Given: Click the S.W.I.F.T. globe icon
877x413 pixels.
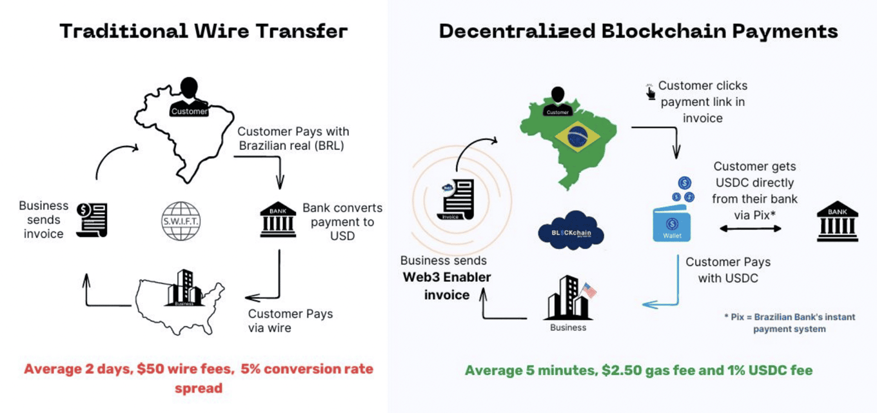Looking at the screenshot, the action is click(x=181, y=221).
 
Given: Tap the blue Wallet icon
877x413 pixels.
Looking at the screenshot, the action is click(x=672, y=224).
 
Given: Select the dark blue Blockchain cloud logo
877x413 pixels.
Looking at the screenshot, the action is click(x=571, y=231).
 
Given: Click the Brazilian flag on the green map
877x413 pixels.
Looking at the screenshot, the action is click(x=578, y=137).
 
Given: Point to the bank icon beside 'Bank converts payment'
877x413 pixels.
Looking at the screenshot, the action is click(x=278, y=220).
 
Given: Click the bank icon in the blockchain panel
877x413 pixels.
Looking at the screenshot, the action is click(x=838, y=221).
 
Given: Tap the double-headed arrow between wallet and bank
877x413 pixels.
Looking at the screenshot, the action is click(x=751, y=228).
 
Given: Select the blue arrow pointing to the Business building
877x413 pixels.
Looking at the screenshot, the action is click(x=665, y=290).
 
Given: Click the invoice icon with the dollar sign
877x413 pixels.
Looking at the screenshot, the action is click(x=92, y=220).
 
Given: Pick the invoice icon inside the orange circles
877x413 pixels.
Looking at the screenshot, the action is click(x=456, y=199).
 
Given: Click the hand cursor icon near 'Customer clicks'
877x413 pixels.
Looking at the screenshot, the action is click(x=650, y=92).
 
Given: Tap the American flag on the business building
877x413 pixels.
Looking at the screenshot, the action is click(x=589, y=290).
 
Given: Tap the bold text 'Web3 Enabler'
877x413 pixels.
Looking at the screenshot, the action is click(x=447, y=277).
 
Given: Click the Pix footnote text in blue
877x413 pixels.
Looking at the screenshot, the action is click(x=790, y=323).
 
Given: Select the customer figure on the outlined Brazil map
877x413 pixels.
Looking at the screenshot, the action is click(x=189, y=97).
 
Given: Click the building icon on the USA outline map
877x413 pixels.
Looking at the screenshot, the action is click(x=184, y=288).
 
